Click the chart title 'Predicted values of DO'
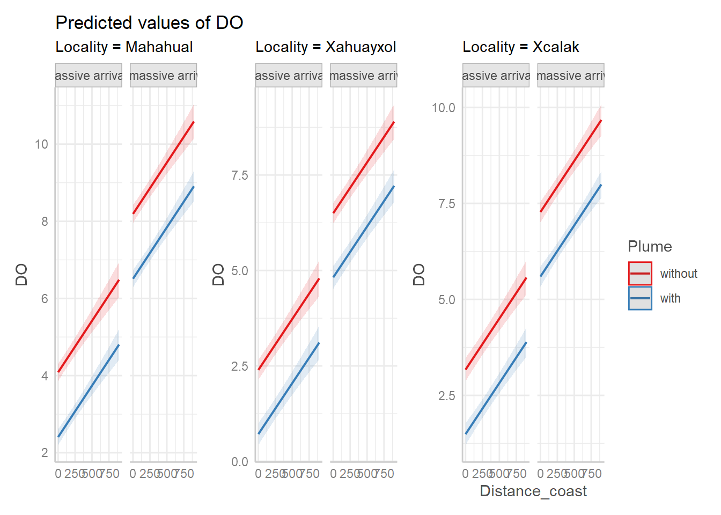[149, 23]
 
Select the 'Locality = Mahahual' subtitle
[124, 47]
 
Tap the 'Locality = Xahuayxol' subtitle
[326, 47]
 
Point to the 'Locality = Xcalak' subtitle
[520, 47]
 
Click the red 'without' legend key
[640, 274]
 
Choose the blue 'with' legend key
[640, 298]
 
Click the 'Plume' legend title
[650, 247]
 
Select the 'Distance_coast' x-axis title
[533, 491]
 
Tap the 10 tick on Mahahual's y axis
[41, 144]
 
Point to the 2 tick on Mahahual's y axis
[45, 453]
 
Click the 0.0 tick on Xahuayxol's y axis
[239, 462]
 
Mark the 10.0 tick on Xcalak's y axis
[443, 108]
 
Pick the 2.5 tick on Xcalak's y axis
[446, 396]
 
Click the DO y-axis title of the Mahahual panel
[21, 274]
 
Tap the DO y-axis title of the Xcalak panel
[419, 274]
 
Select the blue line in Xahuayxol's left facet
[289, 388]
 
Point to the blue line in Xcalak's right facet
[571, 231]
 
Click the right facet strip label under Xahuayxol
[363, 76]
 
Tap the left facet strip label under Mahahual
[89, 76]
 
